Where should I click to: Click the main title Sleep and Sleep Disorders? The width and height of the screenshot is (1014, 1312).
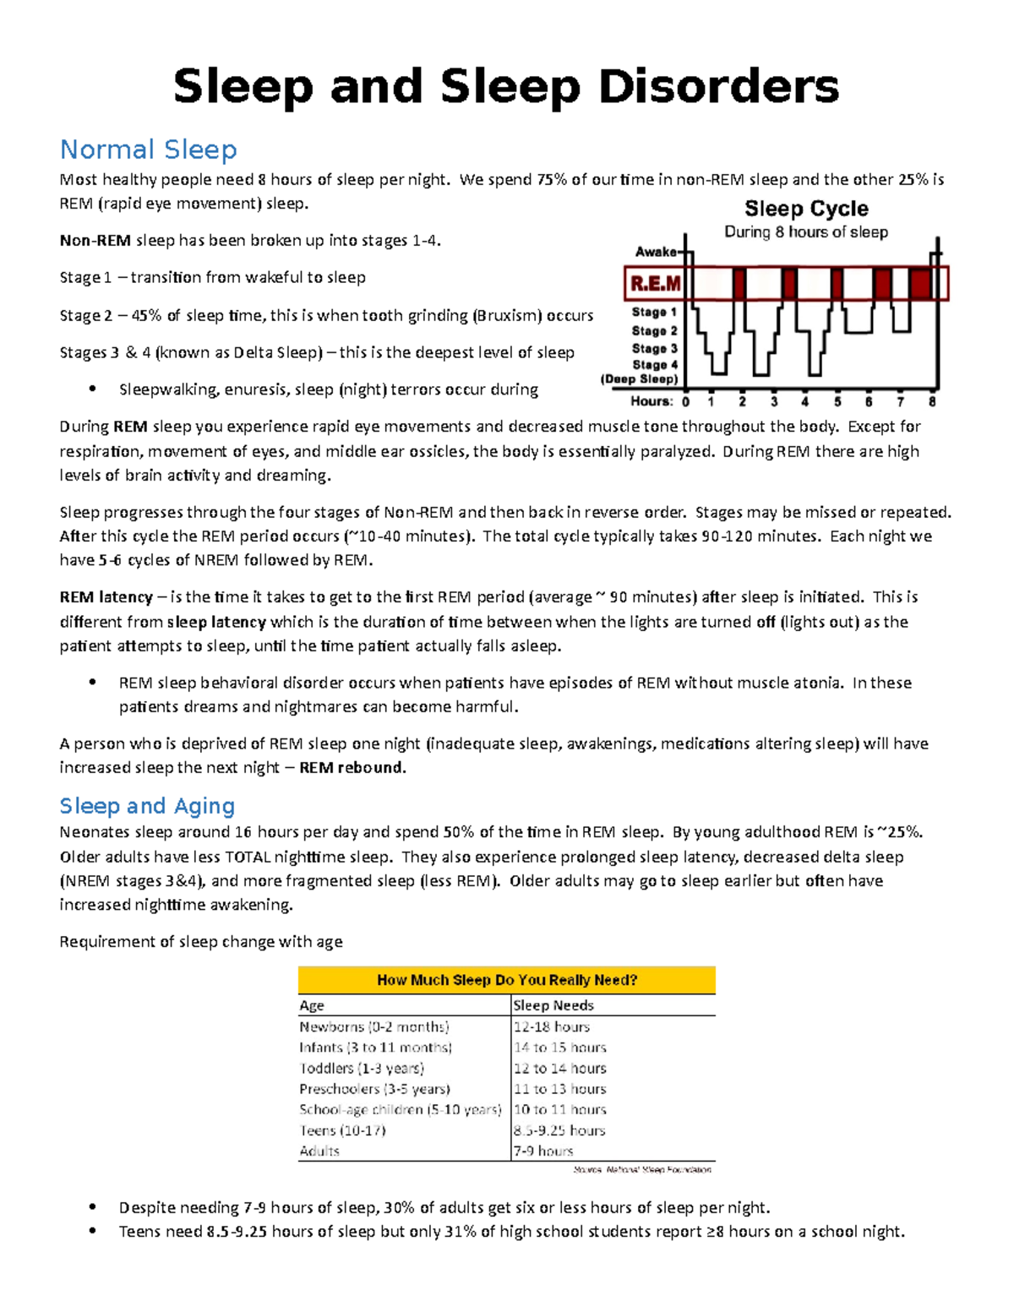pyautogui.click(x=506, y=87)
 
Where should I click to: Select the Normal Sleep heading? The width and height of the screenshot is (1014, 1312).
pyautogui.click(x=148, y=150)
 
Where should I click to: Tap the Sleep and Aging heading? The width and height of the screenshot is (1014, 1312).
pyautogui.click(x=147, y=806)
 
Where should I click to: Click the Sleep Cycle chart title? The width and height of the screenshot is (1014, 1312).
pyautogui.click(x=806, y=209)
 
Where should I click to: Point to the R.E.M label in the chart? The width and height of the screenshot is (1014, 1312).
pyautogui.click(x=656, y=284)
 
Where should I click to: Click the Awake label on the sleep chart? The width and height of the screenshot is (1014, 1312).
pyautogui.click(x=656, y=252)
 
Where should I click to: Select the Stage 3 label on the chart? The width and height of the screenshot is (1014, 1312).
pyautogui.click(x=655, y=348)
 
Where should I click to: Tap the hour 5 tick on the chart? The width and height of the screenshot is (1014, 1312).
pyautogui.click(x=837, y=402)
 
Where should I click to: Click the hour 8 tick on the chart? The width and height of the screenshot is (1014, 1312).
pyautogui.click(x=932, y=402)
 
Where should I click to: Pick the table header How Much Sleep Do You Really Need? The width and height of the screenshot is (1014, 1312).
pyautogui.click(x=507, y=980)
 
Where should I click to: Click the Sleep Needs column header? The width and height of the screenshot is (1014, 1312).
pyautogui.click(x=553, y=1005)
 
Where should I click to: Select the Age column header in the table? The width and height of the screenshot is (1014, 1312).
pyautogui.click(x=312, y=1005)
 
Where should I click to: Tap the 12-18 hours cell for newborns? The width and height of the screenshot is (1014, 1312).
pyautogui.click(x=552, y=1027)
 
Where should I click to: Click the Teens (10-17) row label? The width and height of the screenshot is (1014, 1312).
pyautogui.click(x=342, y=1130)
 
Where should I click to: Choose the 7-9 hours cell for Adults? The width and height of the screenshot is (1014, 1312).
pyautogui.click(x=543, y=1151)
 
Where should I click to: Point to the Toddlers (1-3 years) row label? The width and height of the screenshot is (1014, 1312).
pyautogui.click(x=362, y=1069)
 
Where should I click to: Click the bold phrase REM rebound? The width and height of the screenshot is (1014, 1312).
pyautogui.click(x=352, y=768)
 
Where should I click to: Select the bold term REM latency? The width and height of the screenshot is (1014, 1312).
pyautogui.click(x=106, y=597)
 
